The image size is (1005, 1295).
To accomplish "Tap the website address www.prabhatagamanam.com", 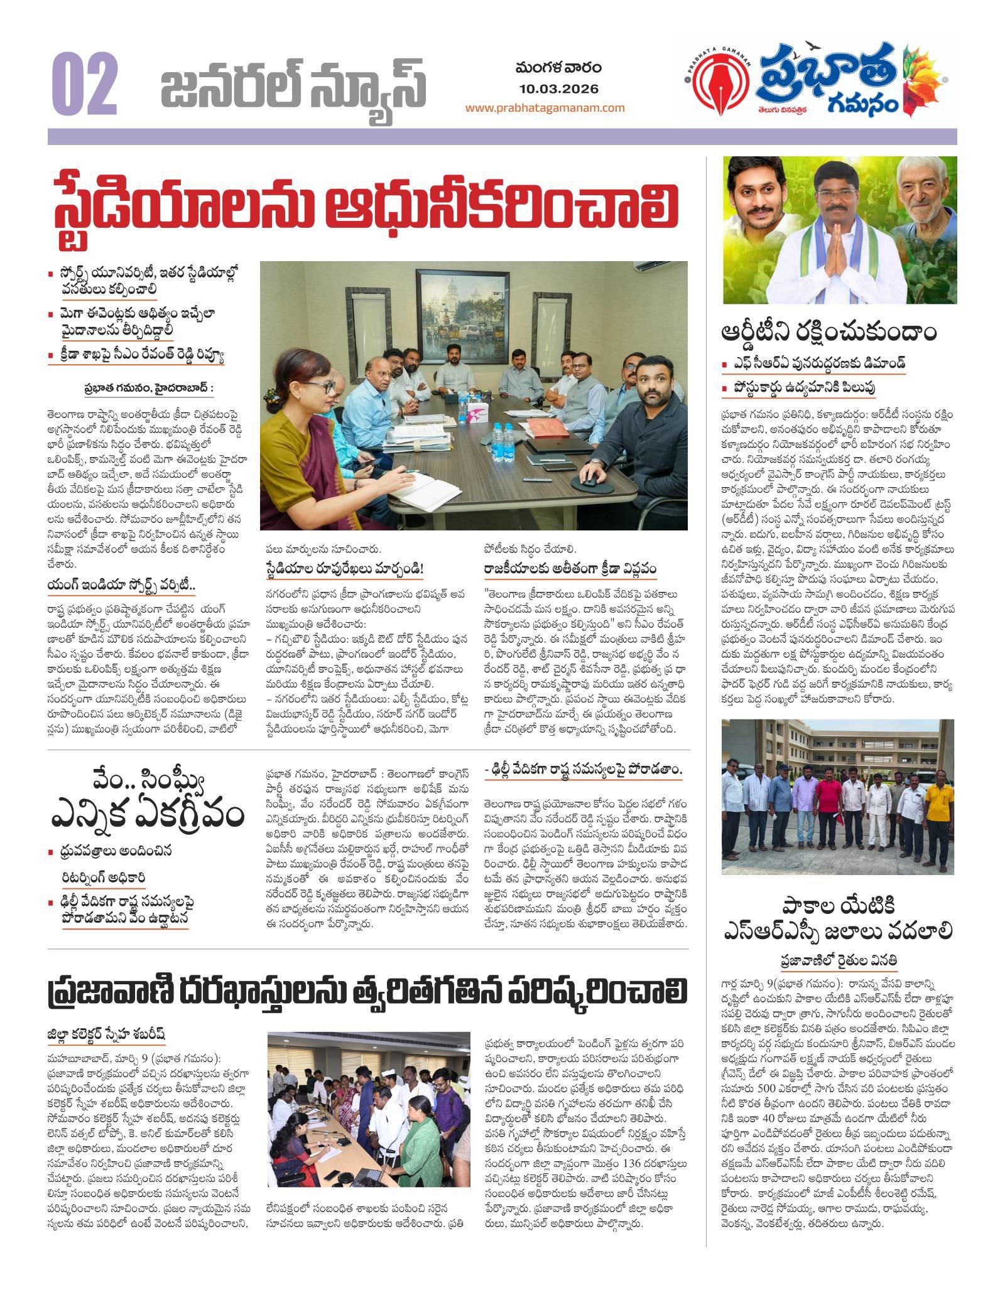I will [545, 107].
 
